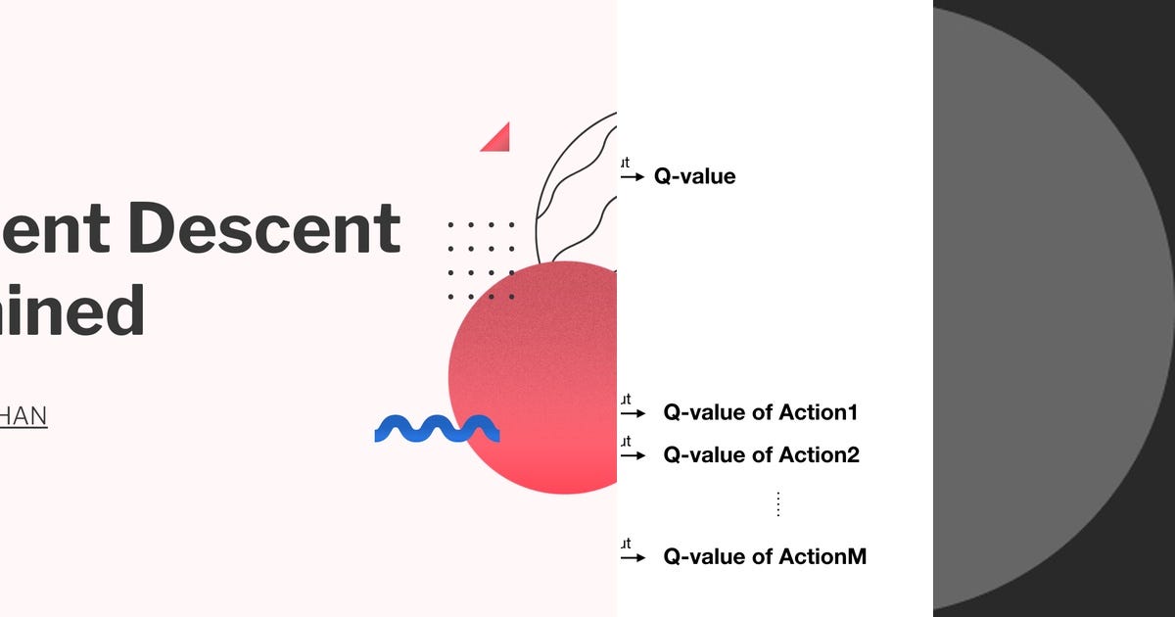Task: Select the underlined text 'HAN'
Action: click(x=23, y=416)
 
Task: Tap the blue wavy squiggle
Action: click(x=437, y=428)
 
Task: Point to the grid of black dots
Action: click(x=481, y=261)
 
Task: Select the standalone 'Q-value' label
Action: click(x=694, y=177)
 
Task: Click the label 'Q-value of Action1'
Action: click(x=760, y=412)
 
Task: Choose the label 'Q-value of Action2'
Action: click(x=761, y=454)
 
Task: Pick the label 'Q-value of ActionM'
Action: click(x=765, y=557)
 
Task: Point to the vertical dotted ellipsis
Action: click(x=778, y=504)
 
